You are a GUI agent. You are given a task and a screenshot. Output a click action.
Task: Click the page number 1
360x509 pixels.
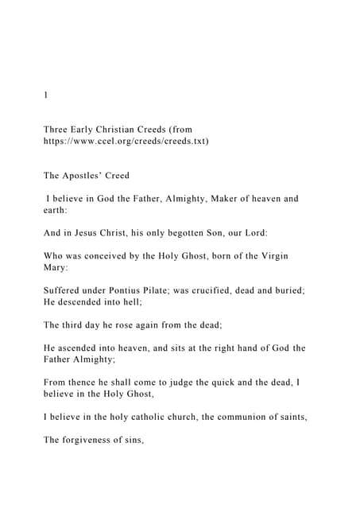(x=45, y=95)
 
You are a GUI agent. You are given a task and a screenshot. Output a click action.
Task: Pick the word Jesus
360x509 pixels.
(x=87, y=235)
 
